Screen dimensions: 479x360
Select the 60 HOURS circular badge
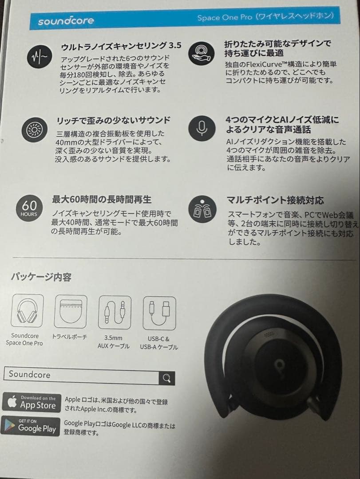pyautogui.click(x=29, y=208)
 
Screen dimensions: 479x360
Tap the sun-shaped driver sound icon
pyautogui.click(x=33, y=129)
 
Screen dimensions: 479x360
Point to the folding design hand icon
pyautogui.click(x=202, y=53)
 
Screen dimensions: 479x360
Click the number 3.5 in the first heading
pyautogui.click(x=175, y=46)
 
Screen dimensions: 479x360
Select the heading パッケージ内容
pyautogui.click(x=41, y=277)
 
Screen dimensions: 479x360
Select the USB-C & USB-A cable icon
pyautogui.click(x=159, y=313)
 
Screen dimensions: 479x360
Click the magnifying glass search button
pyautogui.click(x=167, y=377)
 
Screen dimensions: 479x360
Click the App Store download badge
pyautogui.click(x=32, y=402)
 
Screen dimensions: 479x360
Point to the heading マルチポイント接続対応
pyautogui.click(x=276, y=200)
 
